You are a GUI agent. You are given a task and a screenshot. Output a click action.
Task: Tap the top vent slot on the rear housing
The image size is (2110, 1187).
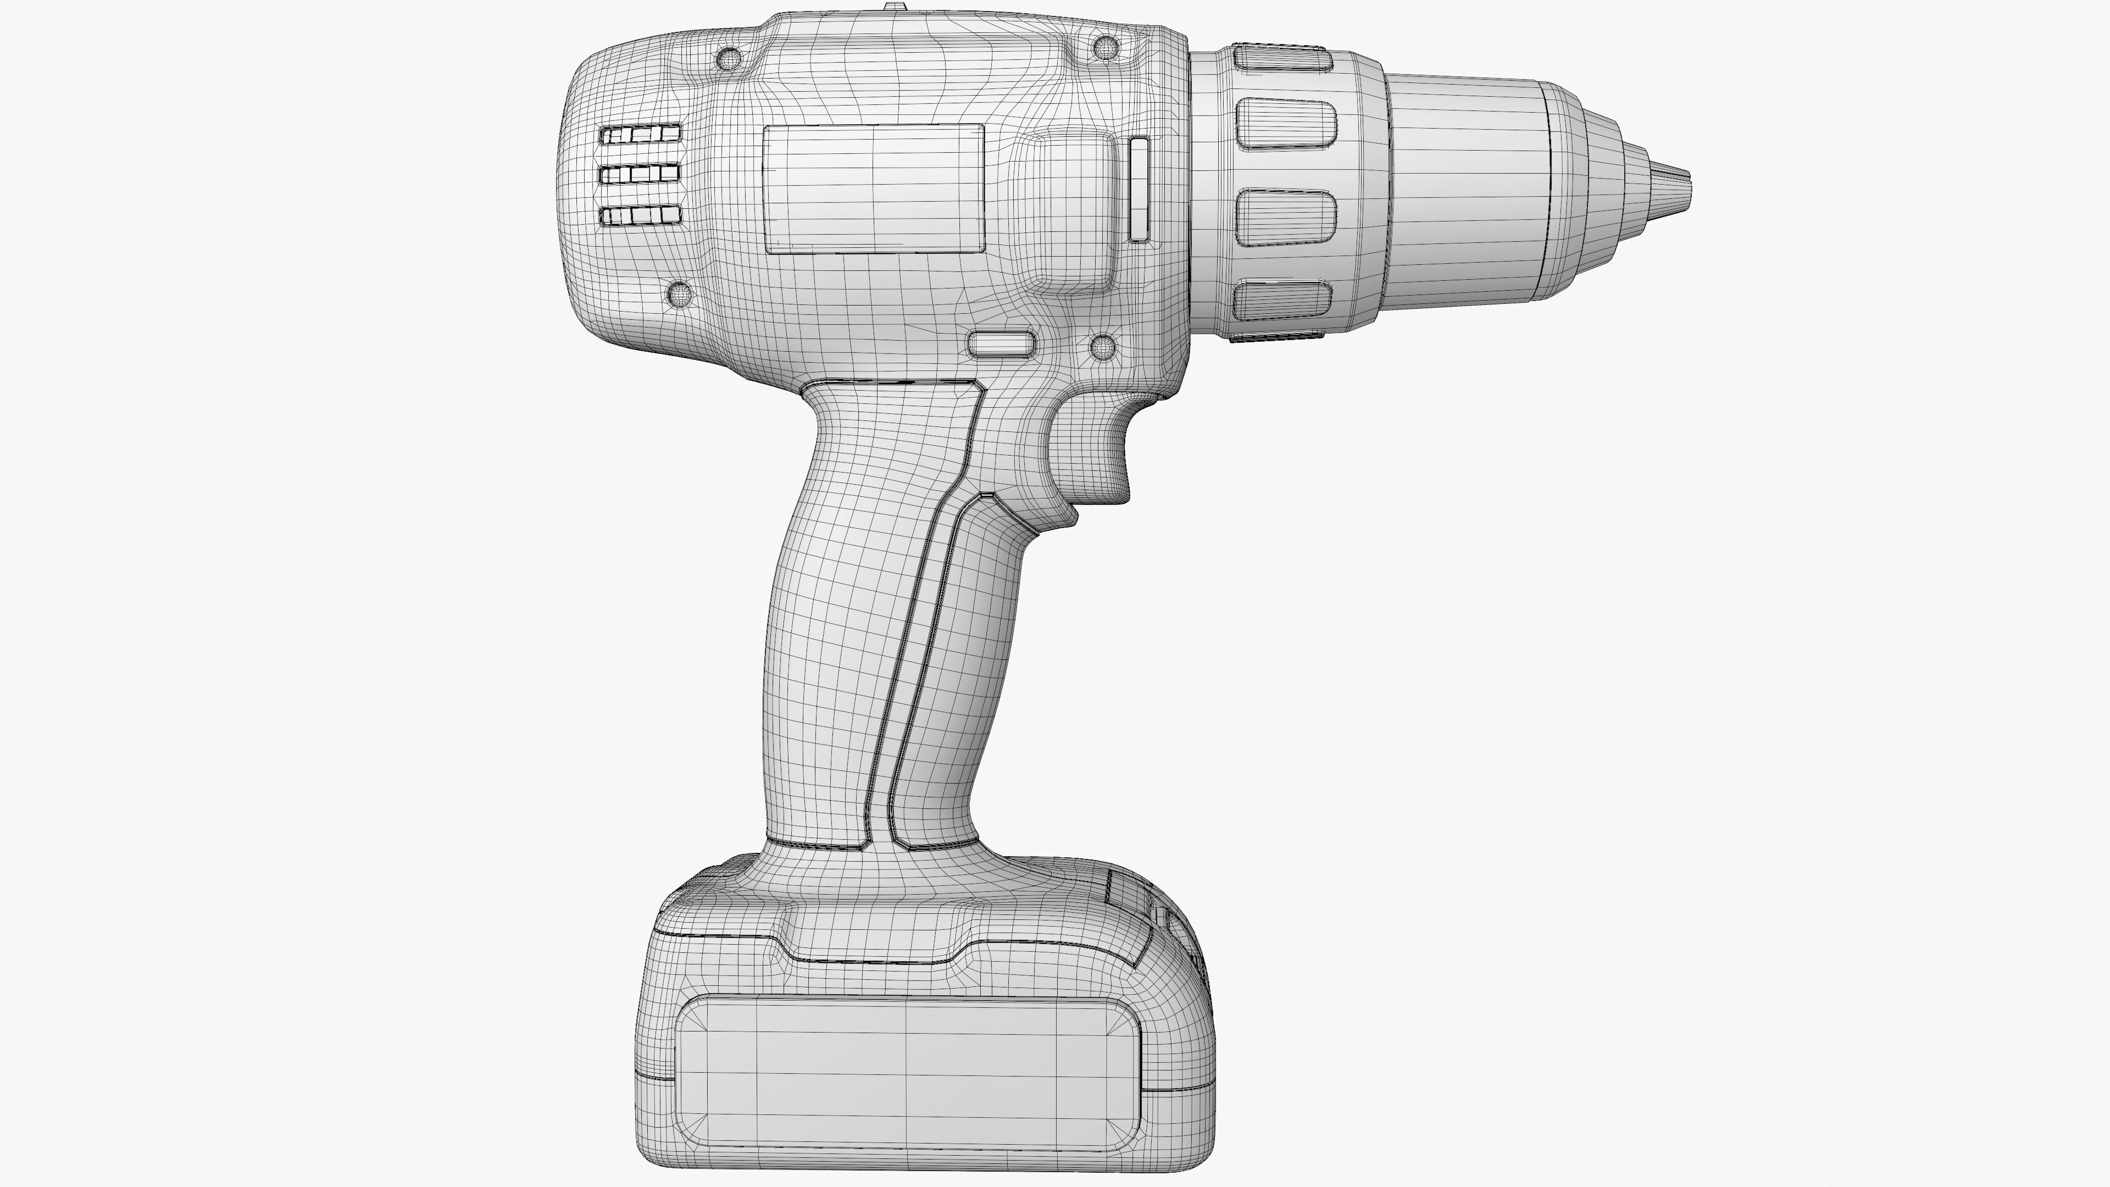(x=641, y=134)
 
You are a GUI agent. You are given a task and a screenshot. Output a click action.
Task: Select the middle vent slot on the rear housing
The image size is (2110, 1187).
(x=641, y=174)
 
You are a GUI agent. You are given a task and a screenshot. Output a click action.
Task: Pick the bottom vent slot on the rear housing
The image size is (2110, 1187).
(x=641, y=215)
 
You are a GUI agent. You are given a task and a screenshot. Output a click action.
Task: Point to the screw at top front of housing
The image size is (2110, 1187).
(x=1105, y=47)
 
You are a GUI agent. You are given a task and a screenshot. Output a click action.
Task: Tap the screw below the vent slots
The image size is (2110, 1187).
(x=680, y=292)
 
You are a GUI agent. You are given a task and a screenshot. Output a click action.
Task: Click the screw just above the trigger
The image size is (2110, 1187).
(x=1102, y=347)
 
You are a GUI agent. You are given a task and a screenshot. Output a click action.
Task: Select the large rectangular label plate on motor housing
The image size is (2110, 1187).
(x=874, y=188)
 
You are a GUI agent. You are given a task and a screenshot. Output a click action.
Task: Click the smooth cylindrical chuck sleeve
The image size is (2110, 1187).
(x=1462, y=188)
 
